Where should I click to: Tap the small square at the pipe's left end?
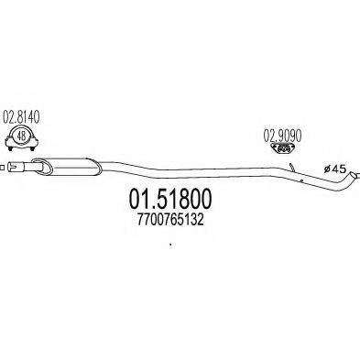[2, 166]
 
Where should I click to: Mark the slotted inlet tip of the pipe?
[16, 167]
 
